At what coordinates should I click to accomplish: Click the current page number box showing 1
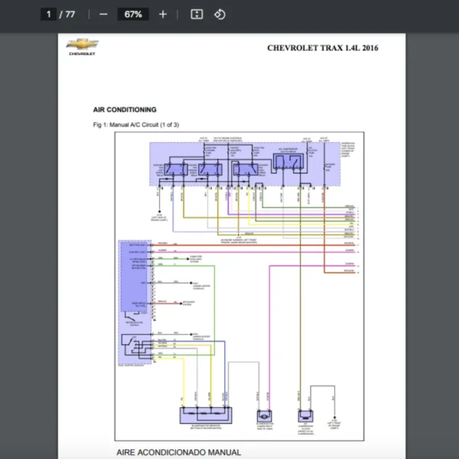coord(49,15)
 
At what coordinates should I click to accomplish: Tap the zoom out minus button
coord(103,15)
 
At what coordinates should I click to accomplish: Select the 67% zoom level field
coord(132,15)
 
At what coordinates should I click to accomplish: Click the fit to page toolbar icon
coord(197,15)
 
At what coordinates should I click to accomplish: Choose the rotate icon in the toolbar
coord(220,15)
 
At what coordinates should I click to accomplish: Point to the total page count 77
coord(70,15)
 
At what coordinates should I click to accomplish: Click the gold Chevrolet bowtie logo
coord(81,44)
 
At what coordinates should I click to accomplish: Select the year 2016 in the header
coord(368,48)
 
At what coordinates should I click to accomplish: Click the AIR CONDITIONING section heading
coord(125,110)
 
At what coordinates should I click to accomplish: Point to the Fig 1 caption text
coord(135,125)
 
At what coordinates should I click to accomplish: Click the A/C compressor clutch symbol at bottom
coord(305,416)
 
